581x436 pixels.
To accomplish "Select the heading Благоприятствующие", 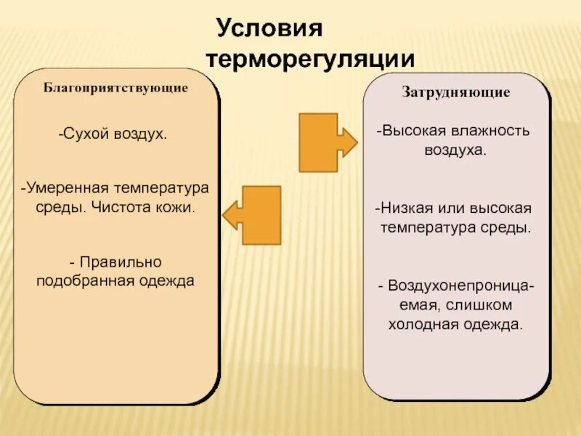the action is click(116, 88).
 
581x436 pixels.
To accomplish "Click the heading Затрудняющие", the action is click(456, 93).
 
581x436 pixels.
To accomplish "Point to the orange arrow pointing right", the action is click(327, 142).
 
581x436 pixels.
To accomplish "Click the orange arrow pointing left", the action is click(252, 215).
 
